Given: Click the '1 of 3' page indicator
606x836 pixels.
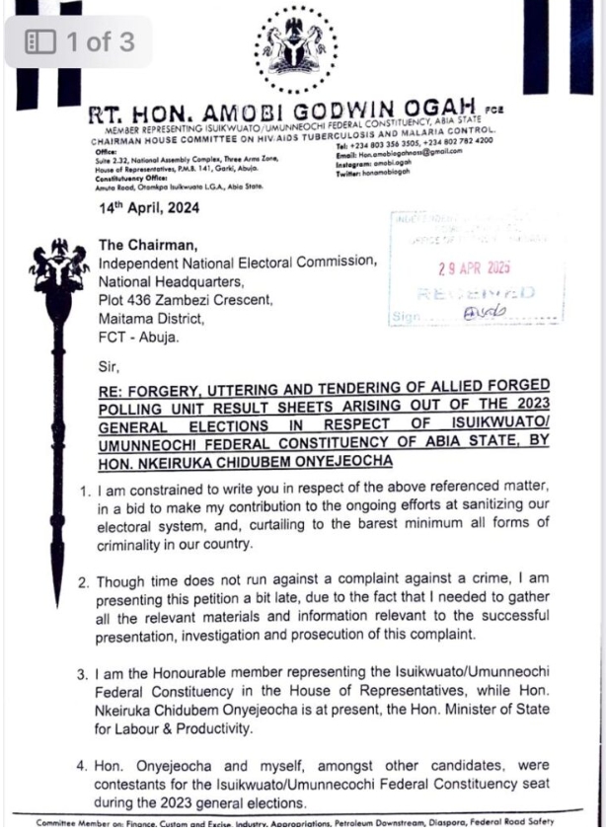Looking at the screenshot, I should point(79,42).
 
